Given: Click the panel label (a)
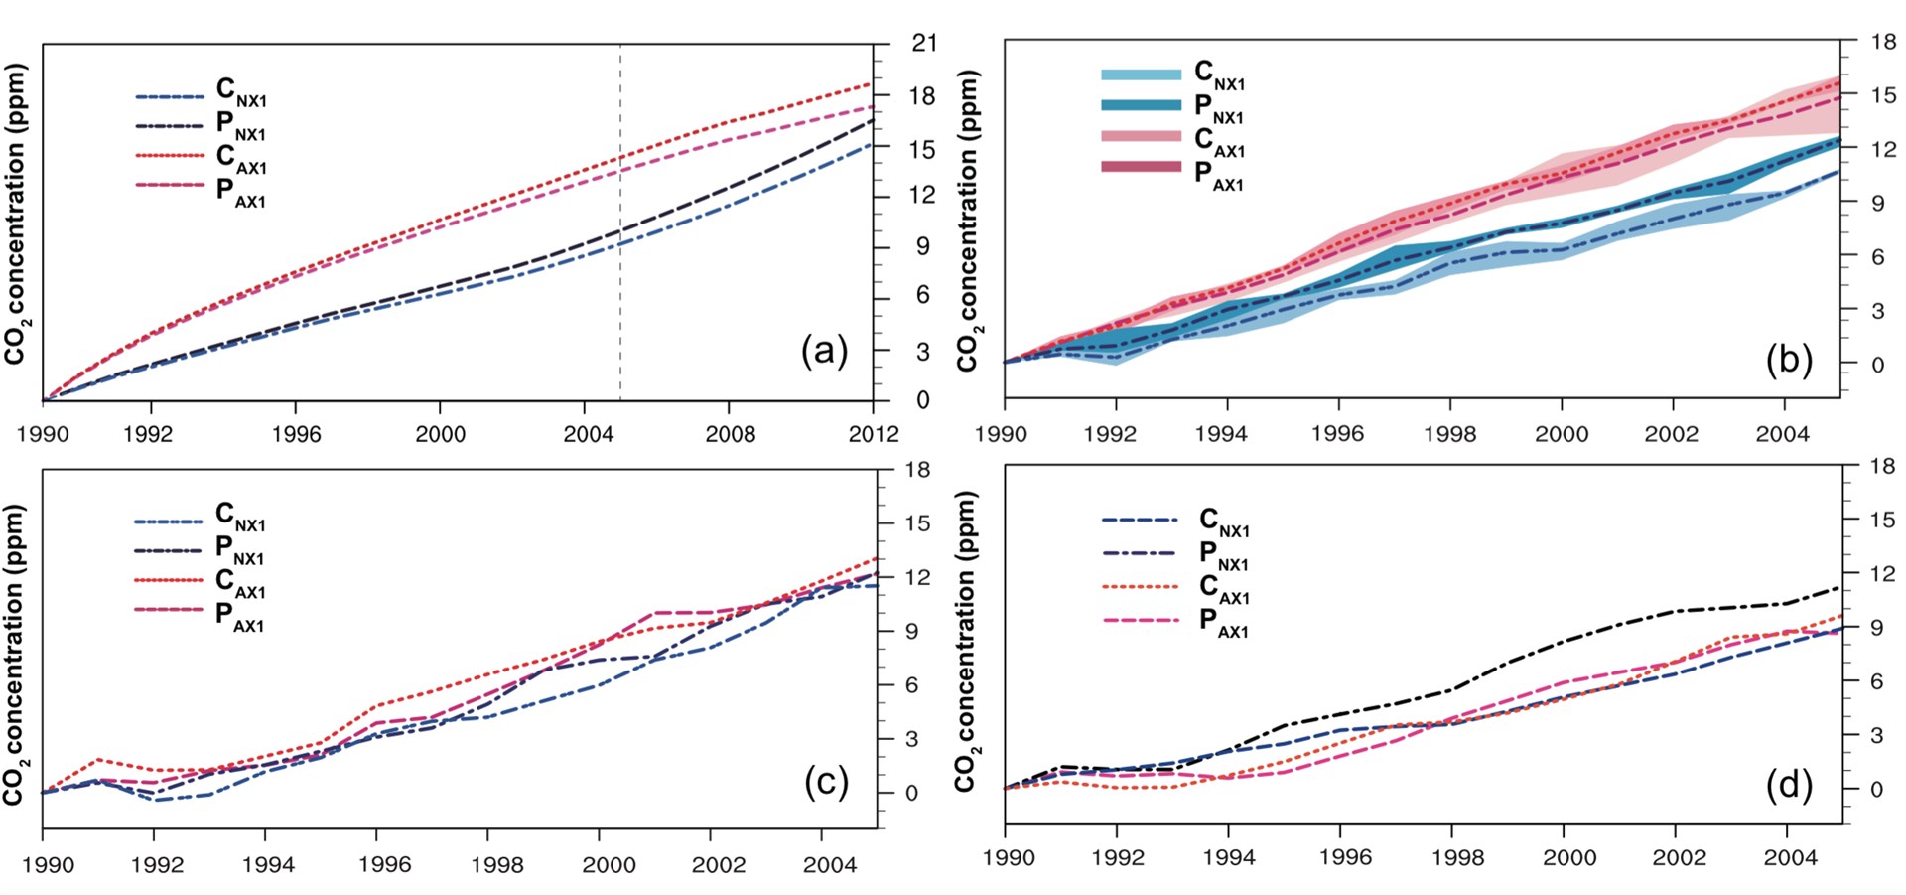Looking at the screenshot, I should pos(824,351).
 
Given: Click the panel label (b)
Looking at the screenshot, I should pos(1789,359).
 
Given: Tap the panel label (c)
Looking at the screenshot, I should pos(826,782).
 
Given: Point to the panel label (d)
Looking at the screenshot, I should pos(1789,785).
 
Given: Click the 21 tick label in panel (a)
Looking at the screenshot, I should pos(924,43).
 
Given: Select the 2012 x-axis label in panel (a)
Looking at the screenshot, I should pos(874,434).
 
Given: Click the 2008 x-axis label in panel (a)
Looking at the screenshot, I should pos(730,434).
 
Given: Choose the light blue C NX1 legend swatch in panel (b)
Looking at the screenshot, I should pos(1141,75).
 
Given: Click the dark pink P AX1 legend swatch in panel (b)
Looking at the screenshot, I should pos(1141,167).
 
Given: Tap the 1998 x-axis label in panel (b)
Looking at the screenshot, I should pos(1449,434).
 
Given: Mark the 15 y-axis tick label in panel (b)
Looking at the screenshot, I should pos(1883,95).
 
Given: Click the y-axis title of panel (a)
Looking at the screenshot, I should pos(16,214).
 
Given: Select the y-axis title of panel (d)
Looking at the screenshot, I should pos(967,641).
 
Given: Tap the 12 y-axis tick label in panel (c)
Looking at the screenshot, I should pos(918,577).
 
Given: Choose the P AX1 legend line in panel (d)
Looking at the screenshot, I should pos(1140,621).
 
